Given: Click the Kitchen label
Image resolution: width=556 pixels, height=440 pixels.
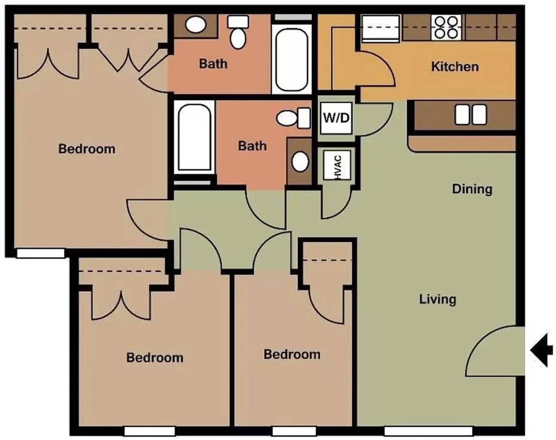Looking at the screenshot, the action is point(455,67).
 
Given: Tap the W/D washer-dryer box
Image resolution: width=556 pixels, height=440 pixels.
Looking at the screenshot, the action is point(336,118).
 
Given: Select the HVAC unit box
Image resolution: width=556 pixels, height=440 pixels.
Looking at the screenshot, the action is point(337,165).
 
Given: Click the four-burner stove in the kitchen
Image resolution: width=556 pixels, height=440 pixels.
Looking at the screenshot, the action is point(446,27).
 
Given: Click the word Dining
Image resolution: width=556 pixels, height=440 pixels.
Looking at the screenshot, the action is point(472,189).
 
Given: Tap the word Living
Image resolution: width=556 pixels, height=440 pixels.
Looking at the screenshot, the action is point(437,299).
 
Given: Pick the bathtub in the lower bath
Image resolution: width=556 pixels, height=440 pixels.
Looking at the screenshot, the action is point(194,137).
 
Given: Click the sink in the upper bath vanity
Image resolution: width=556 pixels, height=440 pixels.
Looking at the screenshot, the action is point(196,25).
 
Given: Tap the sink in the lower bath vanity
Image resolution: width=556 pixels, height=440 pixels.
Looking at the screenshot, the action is point(300,162).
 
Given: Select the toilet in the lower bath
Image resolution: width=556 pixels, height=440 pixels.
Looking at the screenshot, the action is point(294,118).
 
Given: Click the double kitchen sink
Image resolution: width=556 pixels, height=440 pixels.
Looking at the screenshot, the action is point(471,114).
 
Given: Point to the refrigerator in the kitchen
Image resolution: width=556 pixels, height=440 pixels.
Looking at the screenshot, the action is point(380,29).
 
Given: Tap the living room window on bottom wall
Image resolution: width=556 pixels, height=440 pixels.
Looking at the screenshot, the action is point(429,431).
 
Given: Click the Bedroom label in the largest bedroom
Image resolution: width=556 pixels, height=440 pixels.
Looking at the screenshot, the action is point(87,149).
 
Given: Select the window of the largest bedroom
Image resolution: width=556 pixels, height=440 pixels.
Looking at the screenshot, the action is point(41,253).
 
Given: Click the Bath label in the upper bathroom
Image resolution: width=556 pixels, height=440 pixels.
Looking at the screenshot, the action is point(213,64).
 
